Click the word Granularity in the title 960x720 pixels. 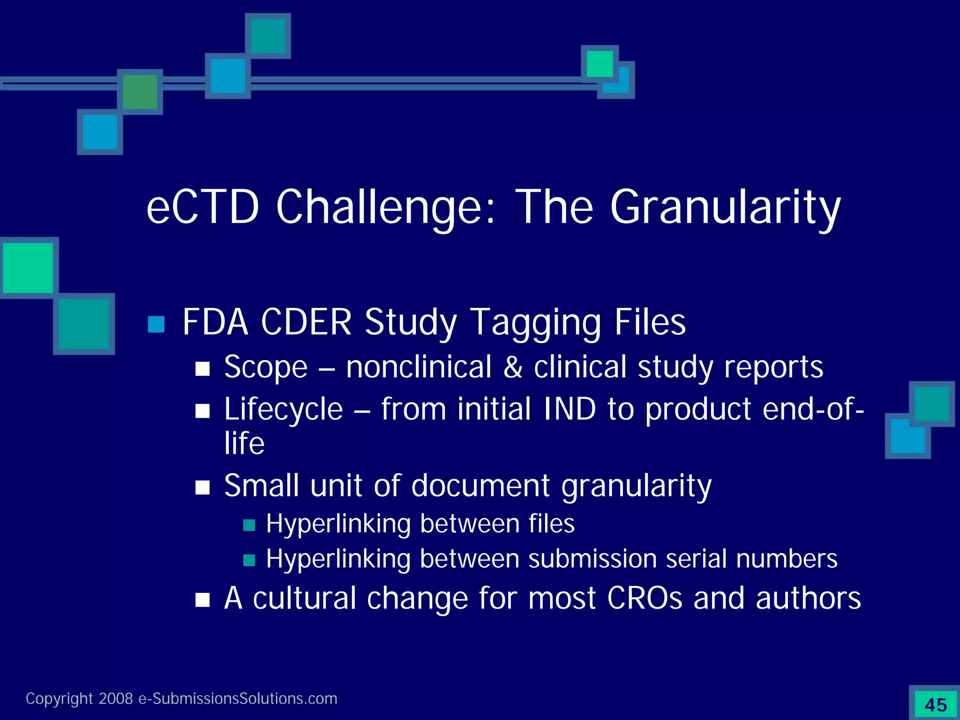coord(725,208)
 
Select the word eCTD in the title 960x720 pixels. coord(202,208)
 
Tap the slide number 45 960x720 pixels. coord(936,705)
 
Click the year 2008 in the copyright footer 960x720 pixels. coord(116,698)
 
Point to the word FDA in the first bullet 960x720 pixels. coord(215,322)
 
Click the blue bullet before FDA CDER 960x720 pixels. coord(156,324)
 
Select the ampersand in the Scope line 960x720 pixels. coord(513,367)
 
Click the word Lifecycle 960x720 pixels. coord(284,409)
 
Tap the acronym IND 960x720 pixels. coord(570,409)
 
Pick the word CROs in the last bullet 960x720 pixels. coord(645,598)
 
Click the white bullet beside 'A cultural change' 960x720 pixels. coord(202,600)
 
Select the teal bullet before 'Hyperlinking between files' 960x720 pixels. coord(249,525)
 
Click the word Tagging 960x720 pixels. coord(535,323)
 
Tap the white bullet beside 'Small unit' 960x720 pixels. coord(202,487)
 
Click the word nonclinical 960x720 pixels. coord(419,367)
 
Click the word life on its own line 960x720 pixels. coord(244,443)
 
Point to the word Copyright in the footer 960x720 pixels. coord(59,698)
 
